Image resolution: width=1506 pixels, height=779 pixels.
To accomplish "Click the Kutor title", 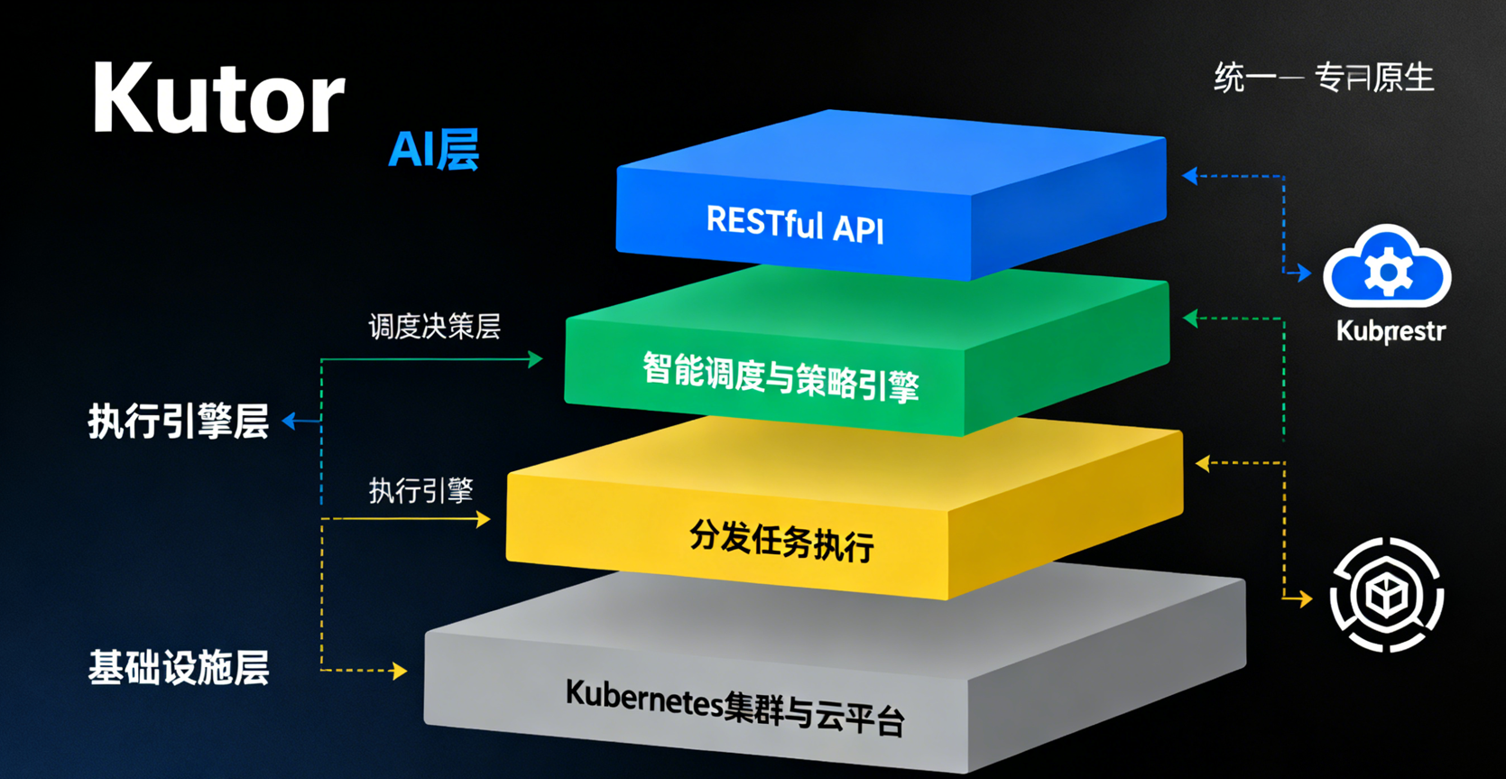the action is point(218,98).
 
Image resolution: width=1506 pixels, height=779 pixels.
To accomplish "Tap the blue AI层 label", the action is point(433,150).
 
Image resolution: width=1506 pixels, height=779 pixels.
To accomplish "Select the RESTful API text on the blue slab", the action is point(795,225).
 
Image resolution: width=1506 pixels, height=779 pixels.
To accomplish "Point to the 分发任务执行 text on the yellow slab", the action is point(781,540).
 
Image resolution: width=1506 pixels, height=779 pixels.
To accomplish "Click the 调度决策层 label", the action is point(434,326).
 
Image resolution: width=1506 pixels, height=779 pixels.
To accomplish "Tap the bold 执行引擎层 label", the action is point(179,421).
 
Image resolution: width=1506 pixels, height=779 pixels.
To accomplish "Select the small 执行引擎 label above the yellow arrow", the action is point(420,490).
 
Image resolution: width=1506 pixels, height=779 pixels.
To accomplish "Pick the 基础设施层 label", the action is point(179,668).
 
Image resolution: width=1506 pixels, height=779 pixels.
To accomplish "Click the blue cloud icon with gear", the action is point(1387,268).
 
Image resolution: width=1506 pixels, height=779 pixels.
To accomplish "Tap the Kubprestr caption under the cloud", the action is point(1391,331).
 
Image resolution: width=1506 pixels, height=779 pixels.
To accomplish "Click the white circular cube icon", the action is point(1387,595).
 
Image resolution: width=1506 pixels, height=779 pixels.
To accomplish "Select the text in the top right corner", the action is point(1324,78).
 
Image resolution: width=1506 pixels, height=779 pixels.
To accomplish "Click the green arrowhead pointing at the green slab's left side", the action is point(535,359).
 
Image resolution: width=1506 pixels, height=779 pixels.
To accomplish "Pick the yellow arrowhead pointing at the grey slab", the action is point(399,671).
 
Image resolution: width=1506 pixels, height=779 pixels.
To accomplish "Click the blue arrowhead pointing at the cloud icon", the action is point(1303,272).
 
